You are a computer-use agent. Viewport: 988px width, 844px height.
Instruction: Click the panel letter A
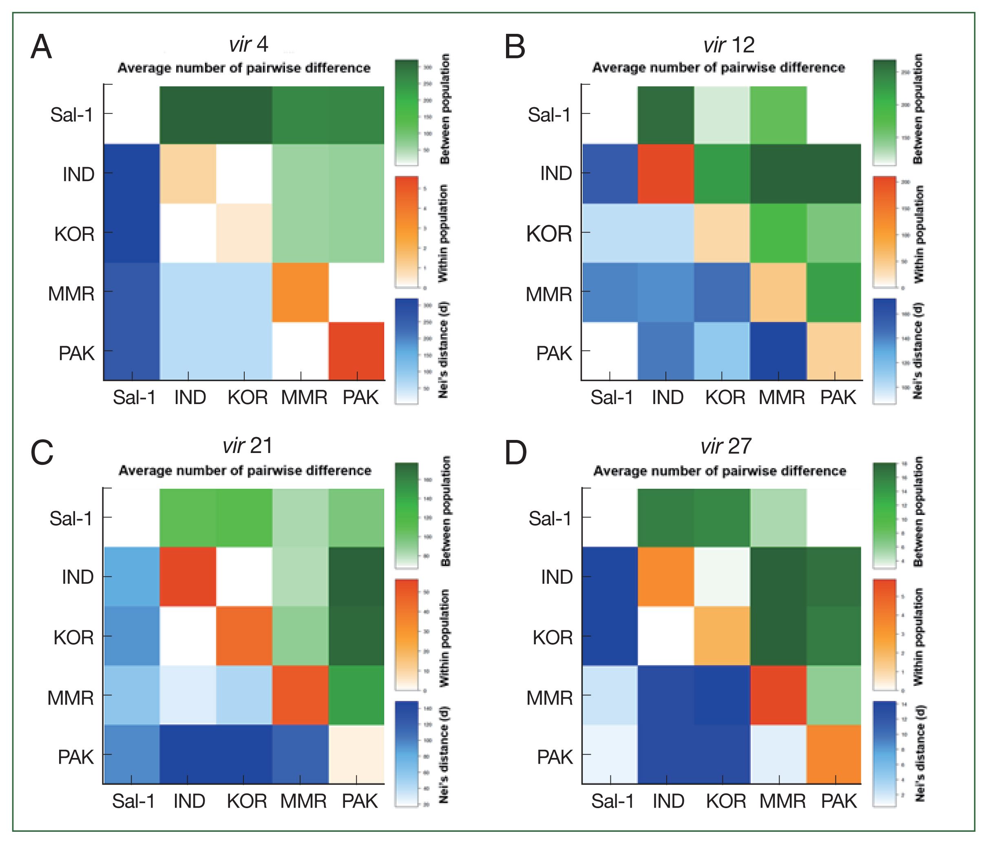tap(41, 47)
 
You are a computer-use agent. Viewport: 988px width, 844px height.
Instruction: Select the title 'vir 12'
tap(729, 45)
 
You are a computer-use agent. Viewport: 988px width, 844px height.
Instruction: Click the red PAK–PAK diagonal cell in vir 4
tap(356, 351)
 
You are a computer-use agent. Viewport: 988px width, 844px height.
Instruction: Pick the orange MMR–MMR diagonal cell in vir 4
tap(300, 292)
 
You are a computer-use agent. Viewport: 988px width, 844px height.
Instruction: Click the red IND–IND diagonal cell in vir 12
tap(665, 174)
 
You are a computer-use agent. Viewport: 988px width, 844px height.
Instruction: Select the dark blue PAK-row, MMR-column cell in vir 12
tap(778, 351)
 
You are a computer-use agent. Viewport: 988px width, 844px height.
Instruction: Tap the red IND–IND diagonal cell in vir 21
tap(188, 577)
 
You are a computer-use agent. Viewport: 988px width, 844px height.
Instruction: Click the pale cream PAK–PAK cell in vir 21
tap(356, 754)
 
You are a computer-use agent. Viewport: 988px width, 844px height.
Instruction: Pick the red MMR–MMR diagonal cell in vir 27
tap(778, 695)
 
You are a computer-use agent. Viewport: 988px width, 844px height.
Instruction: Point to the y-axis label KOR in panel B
tap(549, 234)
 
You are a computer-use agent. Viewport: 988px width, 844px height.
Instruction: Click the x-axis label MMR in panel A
tap(304, 397)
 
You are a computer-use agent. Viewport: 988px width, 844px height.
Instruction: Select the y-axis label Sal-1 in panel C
tap(71, 518)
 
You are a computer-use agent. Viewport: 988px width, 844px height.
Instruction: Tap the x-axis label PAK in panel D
tap(839, 801)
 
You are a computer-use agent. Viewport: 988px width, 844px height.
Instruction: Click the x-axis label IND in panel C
tap(189, 801)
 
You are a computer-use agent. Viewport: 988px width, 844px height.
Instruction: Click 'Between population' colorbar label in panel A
tap(444, 109)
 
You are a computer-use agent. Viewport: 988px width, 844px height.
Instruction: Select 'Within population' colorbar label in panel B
tap(918, 234)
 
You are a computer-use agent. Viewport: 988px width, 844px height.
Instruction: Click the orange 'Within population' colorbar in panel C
tap(406, 634)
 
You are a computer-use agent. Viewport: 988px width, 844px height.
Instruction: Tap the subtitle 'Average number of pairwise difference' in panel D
tap(720, 471)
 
